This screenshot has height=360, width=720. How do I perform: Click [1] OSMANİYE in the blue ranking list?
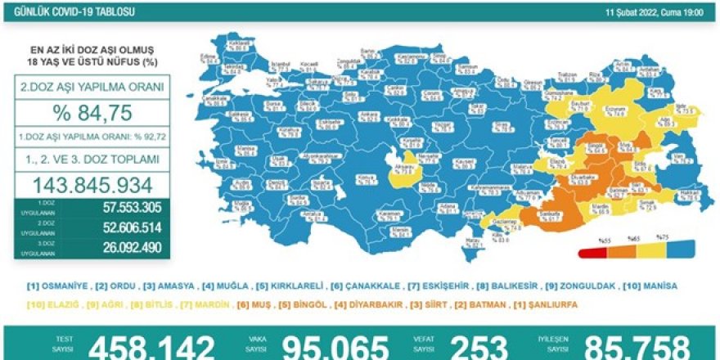(55, 286)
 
